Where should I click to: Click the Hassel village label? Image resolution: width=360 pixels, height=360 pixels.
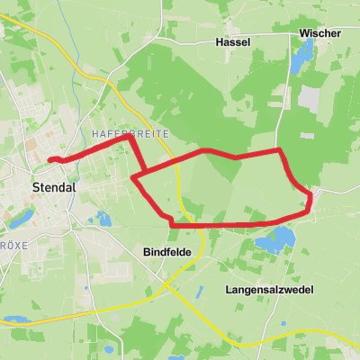(232, 42)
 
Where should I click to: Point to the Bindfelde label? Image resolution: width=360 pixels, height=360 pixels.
(166, 254)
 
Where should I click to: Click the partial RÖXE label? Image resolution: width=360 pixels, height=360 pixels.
(8, 244)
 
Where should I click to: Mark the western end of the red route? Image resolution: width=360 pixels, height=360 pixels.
(49, 159)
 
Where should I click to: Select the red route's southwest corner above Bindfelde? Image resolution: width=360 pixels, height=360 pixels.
(173, 221)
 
